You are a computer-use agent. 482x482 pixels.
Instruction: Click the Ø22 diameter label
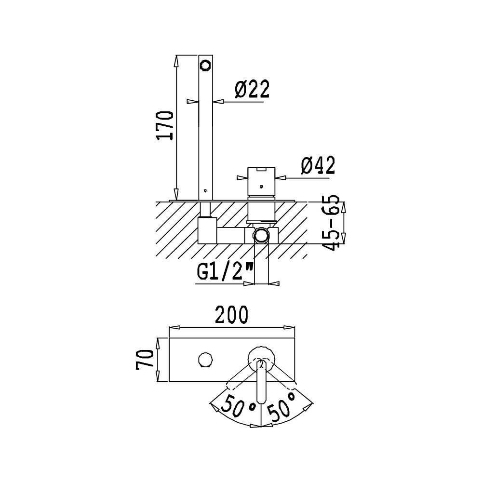(252, 90)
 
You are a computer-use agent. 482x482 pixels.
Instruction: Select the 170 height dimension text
(166, 125)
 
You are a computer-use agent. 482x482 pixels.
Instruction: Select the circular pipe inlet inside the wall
(261, 235)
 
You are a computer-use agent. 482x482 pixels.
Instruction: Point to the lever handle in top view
(261, 383)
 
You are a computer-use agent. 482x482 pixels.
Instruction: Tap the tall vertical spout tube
(206, 130)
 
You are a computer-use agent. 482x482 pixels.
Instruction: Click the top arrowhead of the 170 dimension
(176, 59)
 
